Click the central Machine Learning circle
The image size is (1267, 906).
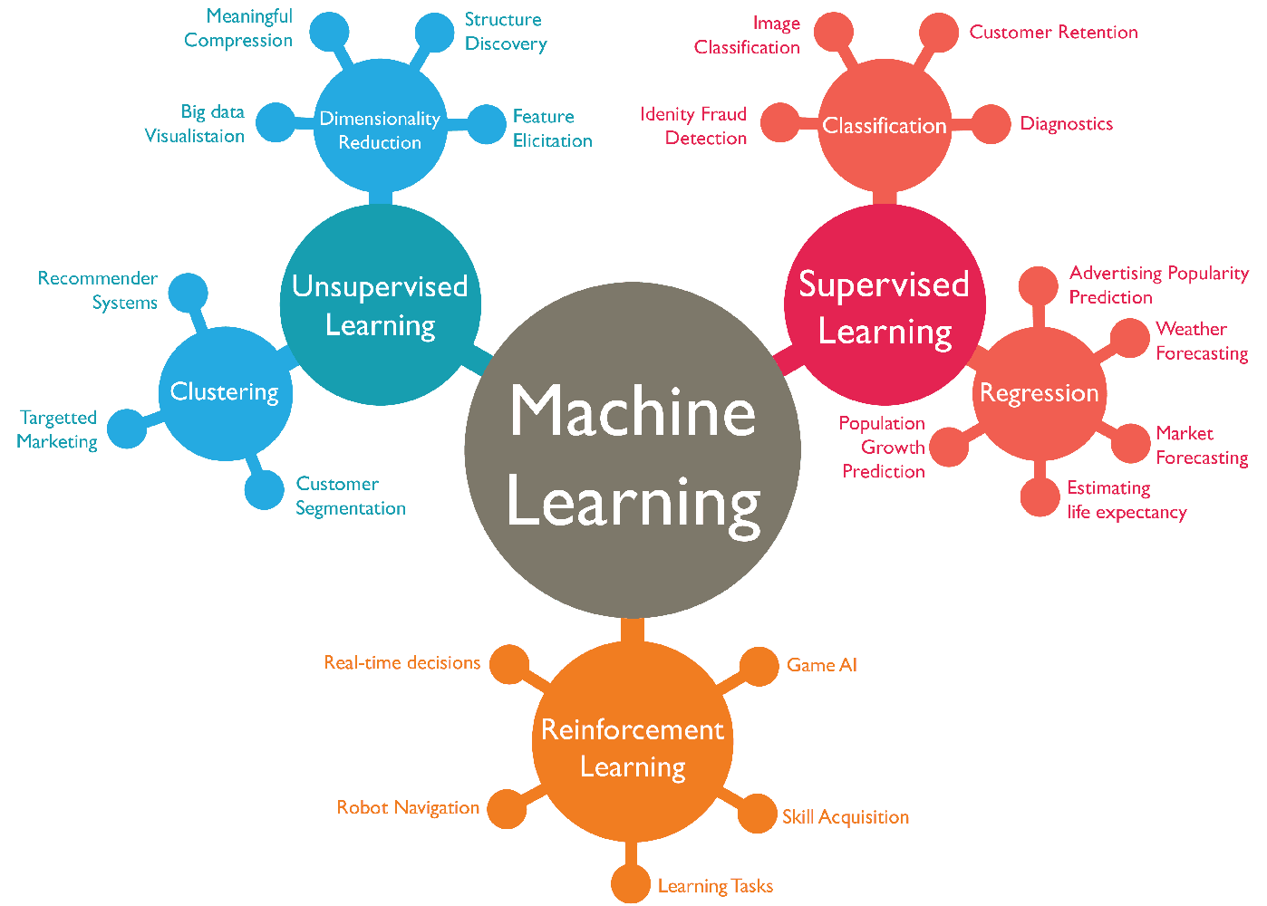click(x=633, y=450)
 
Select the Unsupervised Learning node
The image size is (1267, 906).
click(x=380, y=304)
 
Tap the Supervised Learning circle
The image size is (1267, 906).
click(x=884, y=304)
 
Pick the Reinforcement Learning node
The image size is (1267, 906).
click(x=633, y=741)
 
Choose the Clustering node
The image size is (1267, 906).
click(x=225, y=393)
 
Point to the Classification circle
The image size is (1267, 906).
click(x=884, y=126)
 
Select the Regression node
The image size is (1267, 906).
click(x=1039, y=393)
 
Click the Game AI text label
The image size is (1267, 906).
click(x=821, y=665)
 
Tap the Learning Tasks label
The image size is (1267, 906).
click(x=715, y=886)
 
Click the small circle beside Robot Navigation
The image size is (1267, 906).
click(x=507, y=808)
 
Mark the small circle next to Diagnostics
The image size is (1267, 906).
click(x=991, y=124)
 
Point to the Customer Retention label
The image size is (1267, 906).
click(x=1053, y=33)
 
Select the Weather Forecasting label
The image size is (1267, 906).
click(x=1202, y=341)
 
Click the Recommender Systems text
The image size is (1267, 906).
click(x=98, y=290)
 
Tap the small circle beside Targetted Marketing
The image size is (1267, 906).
click(x=127, y=429)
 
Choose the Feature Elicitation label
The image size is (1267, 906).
click(x=552, y=129)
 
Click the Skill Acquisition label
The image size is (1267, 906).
click(x=845, y=816)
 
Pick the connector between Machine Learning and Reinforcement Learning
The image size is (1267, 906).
click(x=633, y=630)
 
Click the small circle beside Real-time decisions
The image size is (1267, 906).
click(x=509, y=664)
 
